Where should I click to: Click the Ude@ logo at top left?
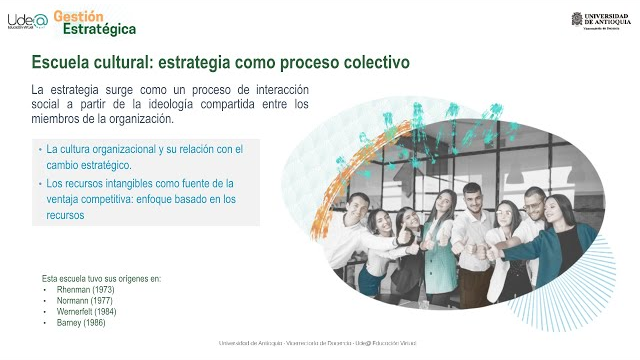pos(27,21)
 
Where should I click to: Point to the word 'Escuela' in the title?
pos(62,63)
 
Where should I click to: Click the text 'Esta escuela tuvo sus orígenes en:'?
pos(101,278)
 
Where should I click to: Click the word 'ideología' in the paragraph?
pos(185,104)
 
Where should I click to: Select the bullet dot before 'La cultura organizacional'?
pos(41,150)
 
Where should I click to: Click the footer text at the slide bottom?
pos(319,343)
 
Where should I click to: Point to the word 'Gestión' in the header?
pos(77,15)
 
